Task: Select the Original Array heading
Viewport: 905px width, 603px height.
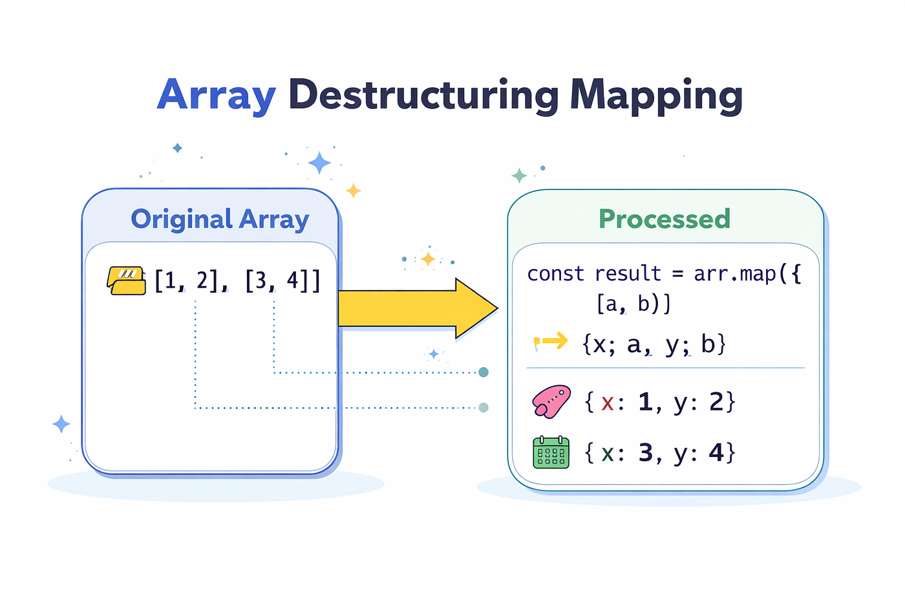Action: [x=220, y=219]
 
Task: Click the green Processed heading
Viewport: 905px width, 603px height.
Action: [x=665, y=218]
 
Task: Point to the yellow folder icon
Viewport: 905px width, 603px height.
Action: [x=126, y=280]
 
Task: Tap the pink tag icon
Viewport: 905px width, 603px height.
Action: [x=551, y=401]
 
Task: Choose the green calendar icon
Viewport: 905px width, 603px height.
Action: [x=551, y=452]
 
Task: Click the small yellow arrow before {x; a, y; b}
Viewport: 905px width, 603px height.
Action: [x=551, y=342]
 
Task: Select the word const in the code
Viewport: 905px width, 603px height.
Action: [x=555, y=274]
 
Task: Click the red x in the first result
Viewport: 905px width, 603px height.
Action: [x=607, y=403]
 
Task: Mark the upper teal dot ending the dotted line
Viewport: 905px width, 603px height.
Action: [x=484, y=372]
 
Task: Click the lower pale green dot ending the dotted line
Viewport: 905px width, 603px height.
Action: [x=484, y=408]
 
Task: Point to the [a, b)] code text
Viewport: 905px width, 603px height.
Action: [x=633, y=304]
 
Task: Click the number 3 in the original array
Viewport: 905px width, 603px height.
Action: [x=261, y=280]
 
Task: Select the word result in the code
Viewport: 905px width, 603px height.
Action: [x=628, y=274]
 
